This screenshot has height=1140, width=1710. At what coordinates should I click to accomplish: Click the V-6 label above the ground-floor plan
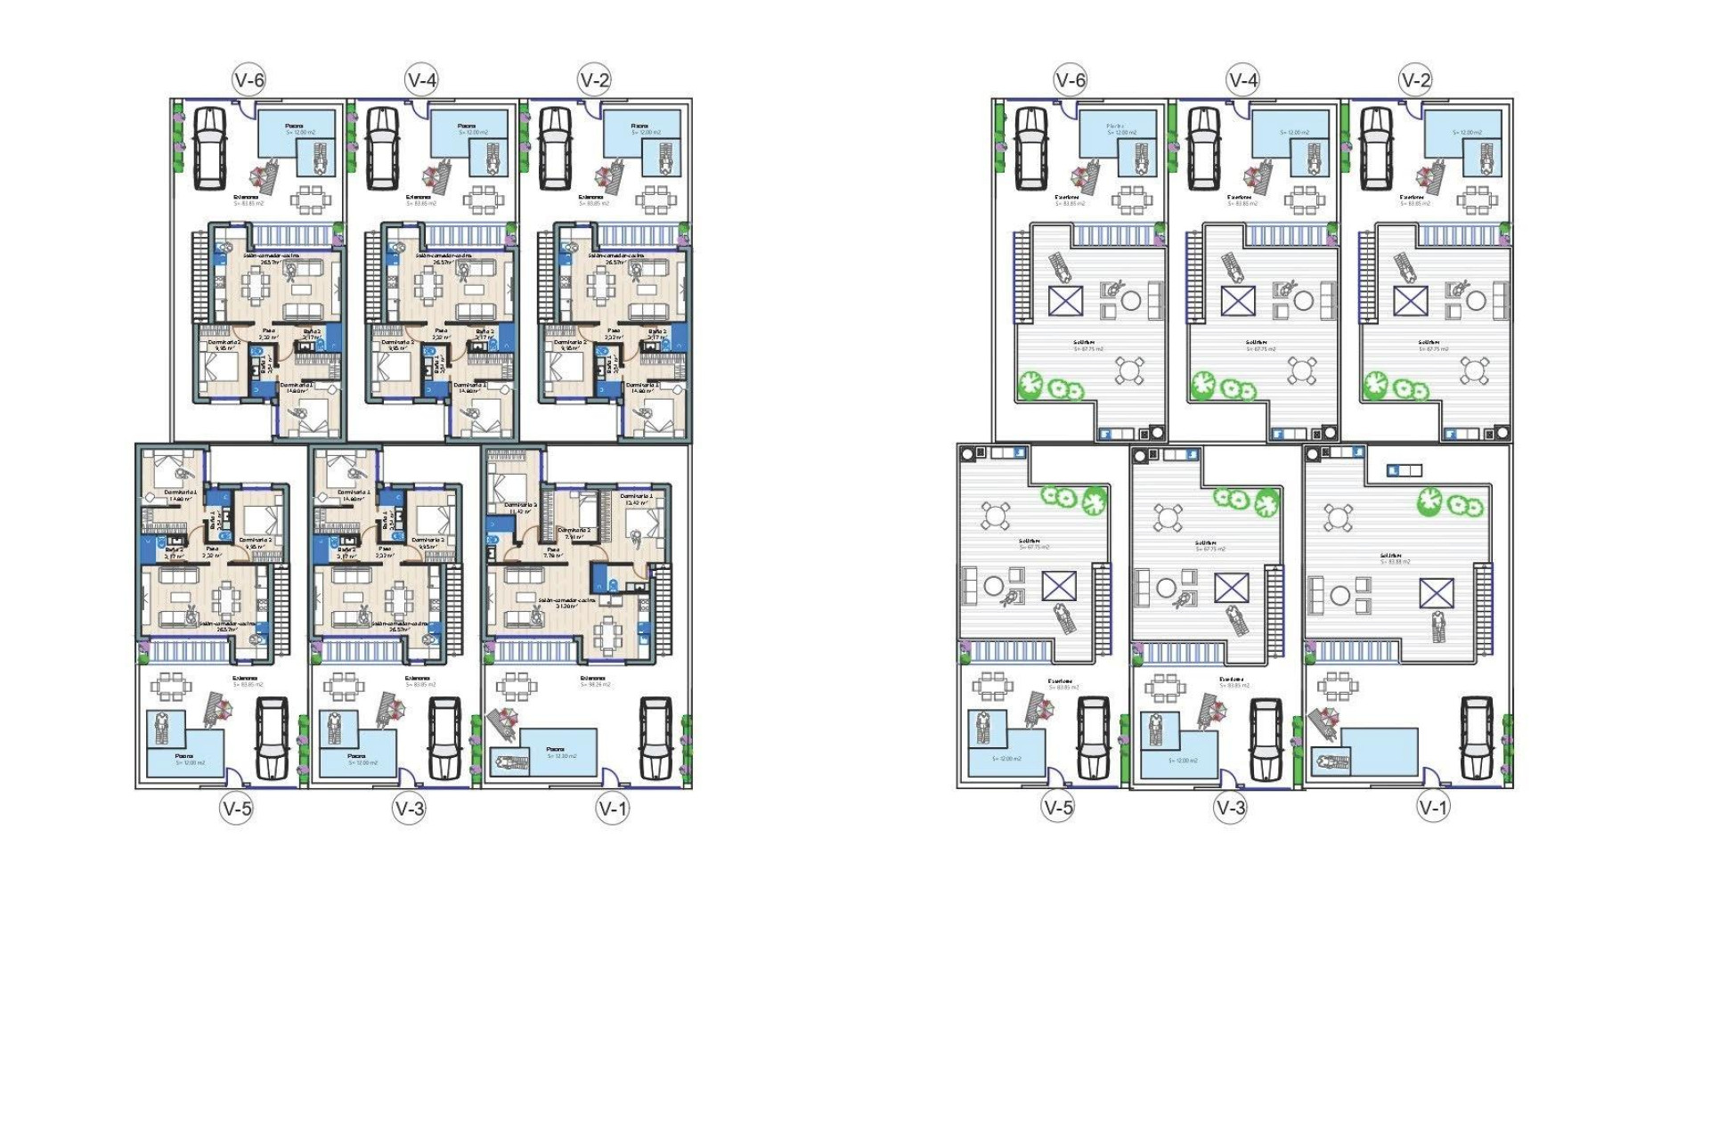pos(249,80)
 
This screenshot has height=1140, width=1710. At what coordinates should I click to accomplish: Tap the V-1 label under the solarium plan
pos(1433,808)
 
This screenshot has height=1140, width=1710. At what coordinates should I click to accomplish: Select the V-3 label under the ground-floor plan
pos(410,809)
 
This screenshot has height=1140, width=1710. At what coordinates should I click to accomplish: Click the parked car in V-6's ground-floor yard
pos(210,148)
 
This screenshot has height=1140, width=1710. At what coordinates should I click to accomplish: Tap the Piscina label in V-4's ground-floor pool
pos(467,126)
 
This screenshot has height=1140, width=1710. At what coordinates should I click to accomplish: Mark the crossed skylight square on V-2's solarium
pos(1410,301)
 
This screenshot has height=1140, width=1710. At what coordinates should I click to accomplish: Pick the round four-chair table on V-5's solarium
pos(996,516)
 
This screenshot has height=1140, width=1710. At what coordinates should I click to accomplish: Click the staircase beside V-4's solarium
pos(1194,276)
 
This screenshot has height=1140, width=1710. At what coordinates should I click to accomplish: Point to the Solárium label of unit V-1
pos(1390,556)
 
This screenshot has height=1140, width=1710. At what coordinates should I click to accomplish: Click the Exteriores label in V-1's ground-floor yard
pos(592,679)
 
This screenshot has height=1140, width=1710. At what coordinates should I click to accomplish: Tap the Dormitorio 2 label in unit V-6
pos(224,342)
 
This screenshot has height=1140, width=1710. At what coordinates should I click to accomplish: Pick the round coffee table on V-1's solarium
pos(1339,594)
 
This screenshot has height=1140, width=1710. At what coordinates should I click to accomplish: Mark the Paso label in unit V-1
pos(553,550)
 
